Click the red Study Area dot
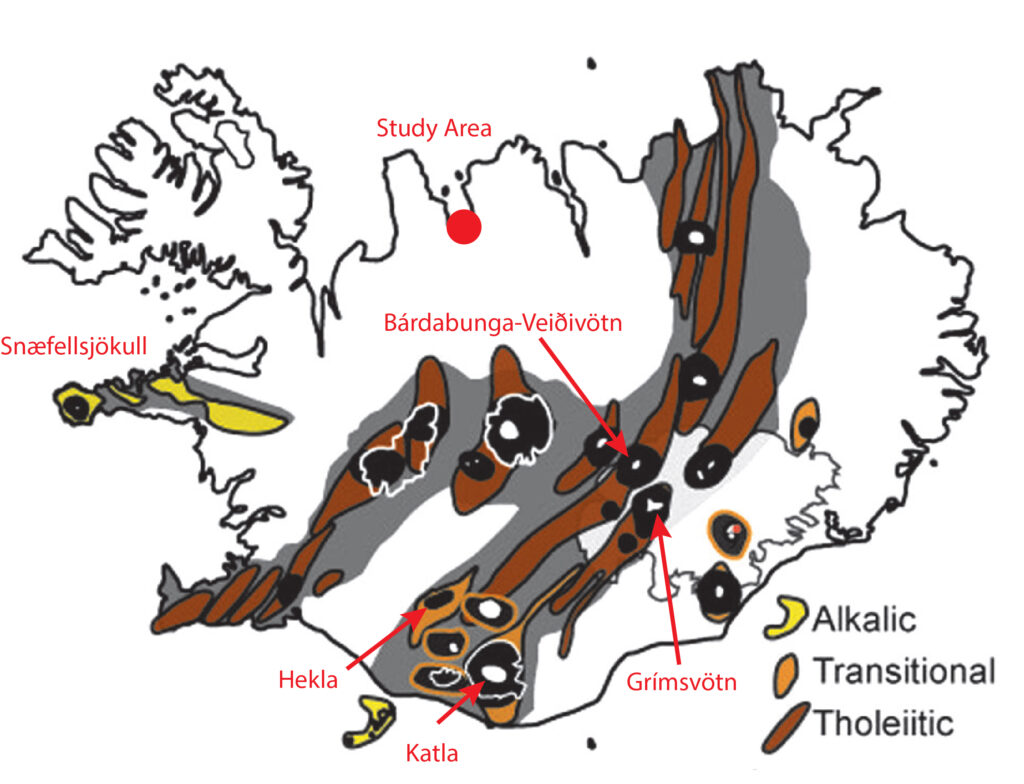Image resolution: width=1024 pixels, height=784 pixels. [x=464, y=227]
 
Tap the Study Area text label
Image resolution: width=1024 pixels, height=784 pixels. [x=434, y=127]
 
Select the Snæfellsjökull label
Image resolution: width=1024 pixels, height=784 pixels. [x=74, y=346]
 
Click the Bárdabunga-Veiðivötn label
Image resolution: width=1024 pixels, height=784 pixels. [x=503, y=323]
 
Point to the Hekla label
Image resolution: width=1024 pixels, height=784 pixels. [x=308, y=680]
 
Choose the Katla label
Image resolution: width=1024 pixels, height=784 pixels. [x=432, y=753]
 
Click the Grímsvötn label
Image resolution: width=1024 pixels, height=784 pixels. [x=681, y=682]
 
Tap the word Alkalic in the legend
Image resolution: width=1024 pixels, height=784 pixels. [x=864, y=619]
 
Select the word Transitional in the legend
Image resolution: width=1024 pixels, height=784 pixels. [x=904, y=671]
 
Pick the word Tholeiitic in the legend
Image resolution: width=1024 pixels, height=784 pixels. [x=884, y=723]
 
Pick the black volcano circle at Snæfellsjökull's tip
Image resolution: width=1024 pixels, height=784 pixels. [x=77, y=408]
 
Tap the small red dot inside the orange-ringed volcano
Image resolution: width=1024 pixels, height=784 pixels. [x=737, y=528]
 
